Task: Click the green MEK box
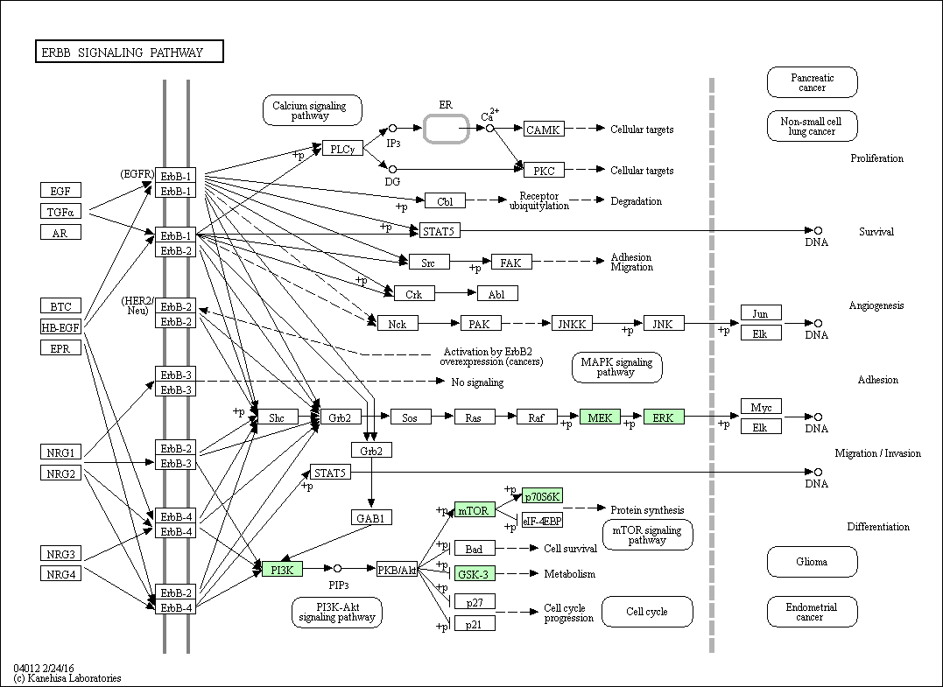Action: pos(600,417)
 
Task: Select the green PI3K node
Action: pos(282,569)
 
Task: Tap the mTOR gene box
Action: pos(475,510)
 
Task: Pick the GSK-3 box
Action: pos(475,573)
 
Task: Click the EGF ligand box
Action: pos(60,191)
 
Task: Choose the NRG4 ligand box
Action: pos(60,573)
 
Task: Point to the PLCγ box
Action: pos(343,149)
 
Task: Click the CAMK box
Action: pos(544,129)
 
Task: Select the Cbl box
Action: pos(445,200)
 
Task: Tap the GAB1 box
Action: pos(371,517)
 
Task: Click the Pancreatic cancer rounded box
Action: pos(812,82)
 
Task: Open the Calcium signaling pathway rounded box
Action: pos(312,110)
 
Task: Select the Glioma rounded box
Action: pos(812,561)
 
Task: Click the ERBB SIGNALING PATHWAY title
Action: pos(130,52)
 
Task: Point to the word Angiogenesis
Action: pos(876,305)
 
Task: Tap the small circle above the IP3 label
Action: pos(393,128)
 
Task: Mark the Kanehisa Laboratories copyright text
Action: pos(67,678)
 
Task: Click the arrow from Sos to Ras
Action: pos(443,416)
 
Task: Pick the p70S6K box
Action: pos(543,495)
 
